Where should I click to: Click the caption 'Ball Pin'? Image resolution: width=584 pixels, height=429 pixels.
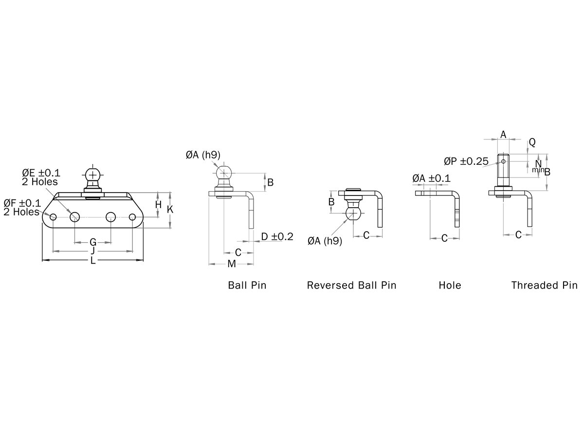pos(247,285)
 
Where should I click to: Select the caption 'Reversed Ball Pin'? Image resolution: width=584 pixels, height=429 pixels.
pos(351,285)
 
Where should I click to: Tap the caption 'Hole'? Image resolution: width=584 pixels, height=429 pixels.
pos(450,285)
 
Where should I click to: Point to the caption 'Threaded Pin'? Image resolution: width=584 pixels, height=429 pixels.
pos(544,285)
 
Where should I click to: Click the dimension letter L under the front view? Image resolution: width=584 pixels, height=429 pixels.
pos(93,261)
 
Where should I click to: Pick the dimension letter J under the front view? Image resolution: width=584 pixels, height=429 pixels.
pos(93,251)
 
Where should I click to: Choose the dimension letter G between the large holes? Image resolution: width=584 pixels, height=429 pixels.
pos(93,242)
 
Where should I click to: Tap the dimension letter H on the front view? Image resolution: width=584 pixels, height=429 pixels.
pos(158,205)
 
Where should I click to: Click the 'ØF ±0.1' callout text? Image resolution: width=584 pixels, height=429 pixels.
pos(22,203)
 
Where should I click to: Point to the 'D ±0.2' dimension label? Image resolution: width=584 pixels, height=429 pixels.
pos(277,237)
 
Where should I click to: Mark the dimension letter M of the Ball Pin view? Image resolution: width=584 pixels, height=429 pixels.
pos(232,264)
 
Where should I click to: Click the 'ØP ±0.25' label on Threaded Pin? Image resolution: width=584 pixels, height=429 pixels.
pos(466,161)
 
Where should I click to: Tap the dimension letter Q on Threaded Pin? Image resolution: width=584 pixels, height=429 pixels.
pos(532,142)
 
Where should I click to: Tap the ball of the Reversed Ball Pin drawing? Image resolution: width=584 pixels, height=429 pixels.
pos(354,213)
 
